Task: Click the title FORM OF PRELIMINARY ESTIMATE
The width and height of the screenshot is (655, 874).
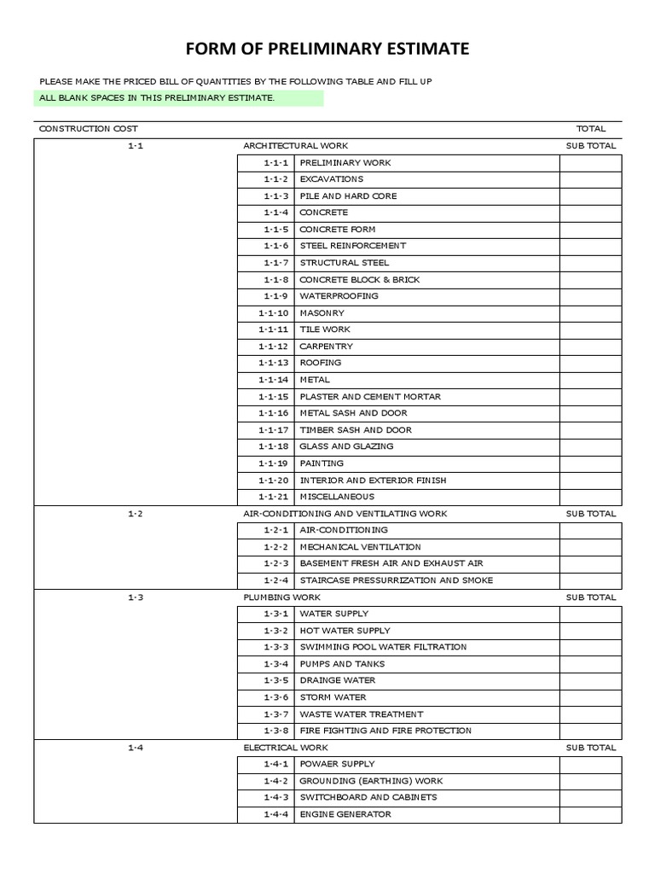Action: click(327, 49)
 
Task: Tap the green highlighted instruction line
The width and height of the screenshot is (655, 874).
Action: click(180, 98)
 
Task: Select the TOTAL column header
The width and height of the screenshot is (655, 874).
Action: click(590, 129)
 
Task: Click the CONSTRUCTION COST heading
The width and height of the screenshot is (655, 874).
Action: click(88, 129)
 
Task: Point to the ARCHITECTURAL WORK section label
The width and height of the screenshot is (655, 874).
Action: click(295, 146)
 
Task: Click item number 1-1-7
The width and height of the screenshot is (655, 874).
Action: click(276, 263)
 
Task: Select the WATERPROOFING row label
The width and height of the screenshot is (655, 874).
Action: click(339, 296)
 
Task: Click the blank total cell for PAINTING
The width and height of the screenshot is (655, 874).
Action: click(590, 463)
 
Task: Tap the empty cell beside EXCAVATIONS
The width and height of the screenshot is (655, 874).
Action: click(590, 179)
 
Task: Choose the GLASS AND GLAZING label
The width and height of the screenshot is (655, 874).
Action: click(346, 446)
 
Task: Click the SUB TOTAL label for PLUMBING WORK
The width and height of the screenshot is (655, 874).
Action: click(590, 597)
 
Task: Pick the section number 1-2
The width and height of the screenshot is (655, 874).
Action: click(136, 514)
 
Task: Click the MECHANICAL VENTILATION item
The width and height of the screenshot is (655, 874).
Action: click(360, 547)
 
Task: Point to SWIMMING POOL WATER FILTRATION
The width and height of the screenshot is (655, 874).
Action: click(383, 647)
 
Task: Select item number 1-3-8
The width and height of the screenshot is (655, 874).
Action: click(276, 731)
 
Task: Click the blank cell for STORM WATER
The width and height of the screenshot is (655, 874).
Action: click(590, 697)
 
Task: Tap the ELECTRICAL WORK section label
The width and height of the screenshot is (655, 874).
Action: click(286, 748)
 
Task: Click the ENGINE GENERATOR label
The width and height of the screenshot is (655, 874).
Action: click(345, 814)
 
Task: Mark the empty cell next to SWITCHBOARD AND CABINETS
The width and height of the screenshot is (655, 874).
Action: click(590, 797)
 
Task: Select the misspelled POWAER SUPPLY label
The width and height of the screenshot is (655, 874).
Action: click(337, 764)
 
